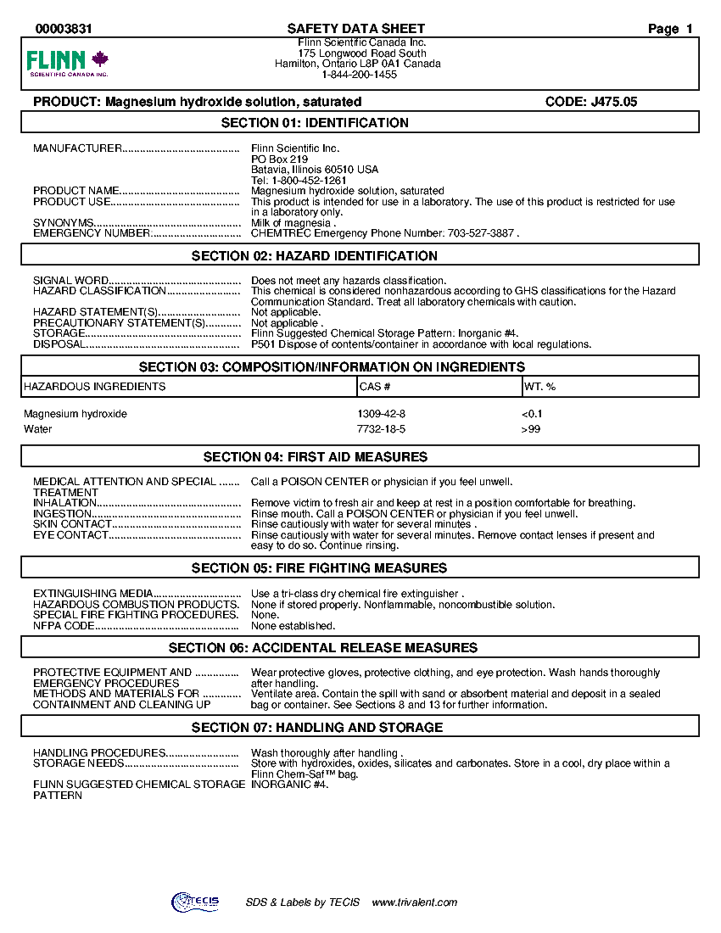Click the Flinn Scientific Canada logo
point(68,63)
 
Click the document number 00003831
point(64,29)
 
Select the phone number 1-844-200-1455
point(359,75)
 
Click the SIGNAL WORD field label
point(71,281)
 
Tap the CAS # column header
point(374,387)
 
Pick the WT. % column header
point(539,387)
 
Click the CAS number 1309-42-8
point(382,414)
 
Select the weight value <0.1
point(532,414)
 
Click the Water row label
point(38,429)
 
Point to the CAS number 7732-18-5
point(382,429)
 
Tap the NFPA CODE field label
point(64,626)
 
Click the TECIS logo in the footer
point(195,902)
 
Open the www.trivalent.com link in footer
point(415,902)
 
